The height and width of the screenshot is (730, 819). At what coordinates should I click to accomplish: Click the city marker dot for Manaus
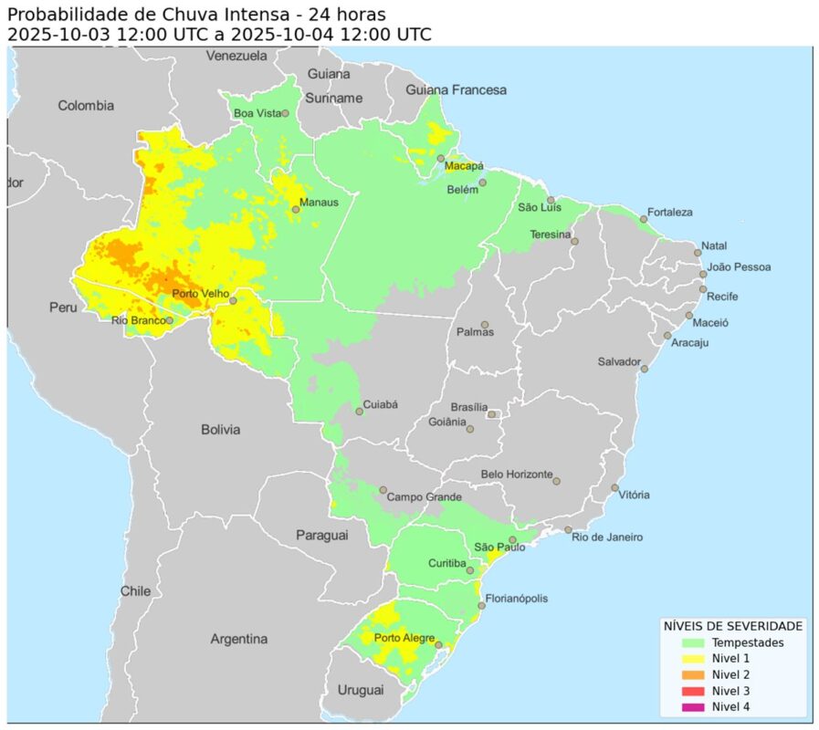pyautogui.click(x=296, y=210)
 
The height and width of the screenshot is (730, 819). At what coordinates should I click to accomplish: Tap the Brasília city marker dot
pyautogui.click(x=492, y=414)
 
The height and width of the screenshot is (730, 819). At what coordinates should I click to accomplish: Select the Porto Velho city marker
pyautogui.click(x=233, y=300)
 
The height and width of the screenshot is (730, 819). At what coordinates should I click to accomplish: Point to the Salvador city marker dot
pyautogui.click(x=645, y=369)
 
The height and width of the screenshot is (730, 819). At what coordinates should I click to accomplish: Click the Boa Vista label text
pyautogui.click(x=257, y=113)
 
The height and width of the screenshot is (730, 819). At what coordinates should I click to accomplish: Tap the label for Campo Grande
pyautogui.click(x=424, y=497)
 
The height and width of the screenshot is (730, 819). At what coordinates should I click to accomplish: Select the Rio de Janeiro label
pyautogui.click(x=607, y=537)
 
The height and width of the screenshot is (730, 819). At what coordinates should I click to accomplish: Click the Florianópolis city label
pyautogui.click(x=517, y=599)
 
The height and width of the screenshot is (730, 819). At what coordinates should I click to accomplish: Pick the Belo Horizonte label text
pyautogui.click(x=516, y=474)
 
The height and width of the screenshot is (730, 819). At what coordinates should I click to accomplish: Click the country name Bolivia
pyautogui.click(x=220, y=429)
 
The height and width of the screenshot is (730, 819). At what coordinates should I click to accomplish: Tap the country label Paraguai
pyautogui.click(x=321, y=535)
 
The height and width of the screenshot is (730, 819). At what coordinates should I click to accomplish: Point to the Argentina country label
pyautogui.click(x=238, y=639)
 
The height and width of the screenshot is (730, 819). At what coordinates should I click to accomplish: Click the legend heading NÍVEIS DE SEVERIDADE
pyautogui.click(x=732, y=626)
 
